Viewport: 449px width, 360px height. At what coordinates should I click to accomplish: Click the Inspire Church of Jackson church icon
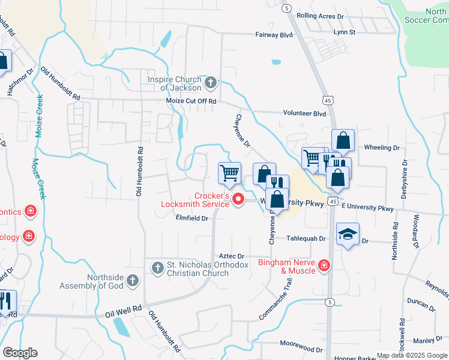click(x=210, y=82)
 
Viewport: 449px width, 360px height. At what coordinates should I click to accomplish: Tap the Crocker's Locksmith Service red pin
click(x=238, y=199)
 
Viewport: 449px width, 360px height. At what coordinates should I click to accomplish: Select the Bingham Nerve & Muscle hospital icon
click(x=324, y=265)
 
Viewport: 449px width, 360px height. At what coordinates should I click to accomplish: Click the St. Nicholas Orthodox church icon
click(x=157, y=268)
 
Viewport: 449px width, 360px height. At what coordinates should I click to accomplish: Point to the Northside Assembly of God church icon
click(x=133, y=280)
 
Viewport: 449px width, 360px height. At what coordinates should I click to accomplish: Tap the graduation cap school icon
click(x=348, y=235)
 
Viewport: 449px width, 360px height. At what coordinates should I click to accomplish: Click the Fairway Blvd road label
click(x=274, y=35)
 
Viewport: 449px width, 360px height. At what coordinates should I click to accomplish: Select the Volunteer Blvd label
click(x=304, y=113)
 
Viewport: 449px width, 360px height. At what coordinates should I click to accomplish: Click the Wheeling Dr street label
click(x=382, y=148)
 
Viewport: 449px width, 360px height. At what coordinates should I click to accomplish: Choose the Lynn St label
click(x=345, y=32)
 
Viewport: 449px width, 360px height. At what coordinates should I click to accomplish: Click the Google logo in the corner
click(x=20, y=353)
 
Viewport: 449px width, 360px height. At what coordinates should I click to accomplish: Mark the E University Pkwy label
click(x=367, y=208)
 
